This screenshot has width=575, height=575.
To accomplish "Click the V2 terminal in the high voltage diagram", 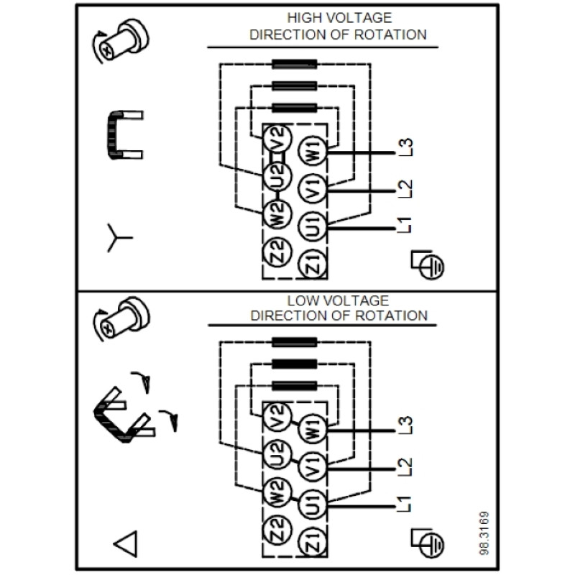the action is point(277,139).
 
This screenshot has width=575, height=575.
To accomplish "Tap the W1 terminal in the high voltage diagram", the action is point(312,149).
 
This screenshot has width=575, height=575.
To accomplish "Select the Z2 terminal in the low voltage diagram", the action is point(277,529).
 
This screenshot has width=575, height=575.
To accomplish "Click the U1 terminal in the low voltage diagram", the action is point(312,505).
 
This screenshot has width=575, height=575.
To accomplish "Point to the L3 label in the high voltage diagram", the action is point(405,147).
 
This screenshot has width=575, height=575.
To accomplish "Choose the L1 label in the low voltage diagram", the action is point(405,504).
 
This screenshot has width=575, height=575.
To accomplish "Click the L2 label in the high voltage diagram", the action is point(405,189).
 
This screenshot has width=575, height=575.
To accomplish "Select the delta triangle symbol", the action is point(126,543).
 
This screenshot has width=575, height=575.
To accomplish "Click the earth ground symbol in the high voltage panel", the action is point(428,264).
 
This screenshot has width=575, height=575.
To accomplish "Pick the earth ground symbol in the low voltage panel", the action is point(428,543).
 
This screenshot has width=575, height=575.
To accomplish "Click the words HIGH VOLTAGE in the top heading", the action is point(339,17).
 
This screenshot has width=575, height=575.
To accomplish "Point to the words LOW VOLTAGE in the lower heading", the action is point(338,300).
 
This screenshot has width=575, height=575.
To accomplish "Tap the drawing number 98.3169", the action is point(484,533).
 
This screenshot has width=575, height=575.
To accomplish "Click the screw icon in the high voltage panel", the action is point(120,40).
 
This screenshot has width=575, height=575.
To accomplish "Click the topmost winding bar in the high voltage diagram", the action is point(295,64).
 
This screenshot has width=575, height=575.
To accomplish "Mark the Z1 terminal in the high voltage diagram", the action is point(312,264).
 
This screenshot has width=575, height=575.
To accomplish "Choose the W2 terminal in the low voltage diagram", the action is point(277,492).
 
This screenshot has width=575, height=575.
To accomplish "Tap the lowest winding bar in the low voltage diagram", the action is point(295,386).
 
